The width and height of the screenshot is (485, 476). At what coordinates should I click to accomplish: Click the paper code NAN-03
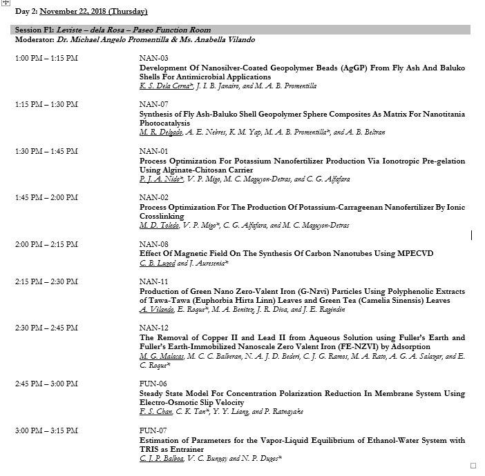pos(153,58)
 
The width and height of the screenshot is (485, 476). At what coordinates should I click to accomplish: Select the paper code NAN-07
pos(153,104)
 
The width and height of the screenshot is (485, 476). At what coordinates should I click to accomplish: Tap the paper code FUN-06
pos(153,384)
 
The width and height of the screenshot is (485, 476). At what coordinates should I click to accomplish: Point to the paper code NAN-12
pos(153,328)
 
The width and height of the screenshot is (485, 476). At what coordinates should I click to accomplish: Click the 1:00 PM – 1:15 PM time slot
pos(46,58)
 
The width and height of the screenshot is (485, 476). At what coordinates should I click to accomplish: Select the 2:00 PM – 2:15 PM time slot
pos(46,244)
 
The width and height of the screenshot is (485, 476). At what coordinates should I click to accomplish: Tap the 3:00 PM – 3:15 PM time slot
pos(46,430)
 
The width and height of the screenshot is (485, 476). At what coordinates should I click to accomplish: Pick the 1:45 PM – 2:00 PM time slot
pos(46,197)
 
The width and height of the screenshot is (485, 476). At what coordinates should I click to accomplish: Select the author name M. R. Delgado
pos(160,132)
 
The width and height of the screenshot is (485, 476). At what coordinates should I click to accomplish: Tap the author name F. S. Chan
pos(156,412)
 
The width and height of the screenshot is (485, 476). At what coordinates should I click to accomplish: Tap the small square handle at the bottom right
pos(473,466)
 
